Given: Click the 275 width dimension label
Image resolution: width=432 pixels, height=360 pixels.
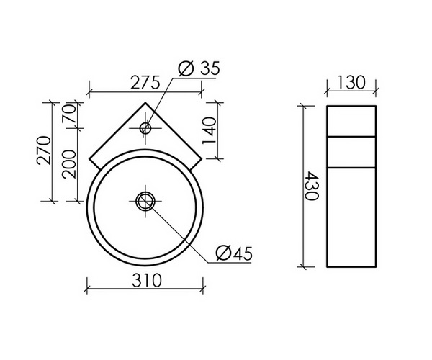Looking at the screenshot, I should point(143,82).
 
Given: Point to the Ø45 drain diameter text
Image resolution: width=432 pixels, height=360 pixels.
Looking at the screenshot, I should point(233,253).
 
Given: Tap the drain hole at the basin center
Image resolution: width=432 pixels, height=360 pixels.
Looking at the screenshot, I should point(145,199).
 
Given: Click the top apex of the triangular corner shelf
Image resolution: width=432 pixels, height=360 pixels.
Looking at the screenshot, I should point(145,103).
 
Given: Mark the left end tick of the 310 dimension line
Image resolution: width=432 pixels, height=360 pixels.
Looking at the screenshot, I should point(88,289).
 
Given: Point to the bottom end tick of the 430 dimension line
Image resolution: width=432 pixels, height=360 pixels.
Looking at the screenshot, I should point(302,266).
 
